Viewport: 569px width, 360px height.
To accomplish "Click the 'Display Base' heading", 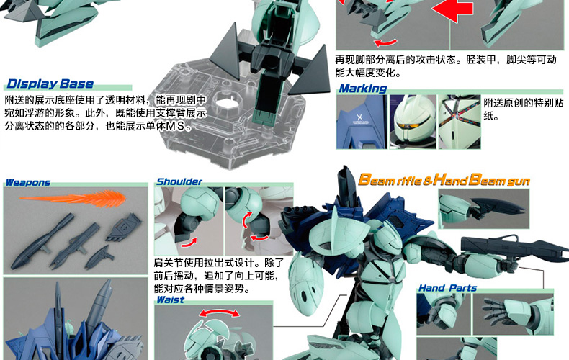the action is tap(50, 84).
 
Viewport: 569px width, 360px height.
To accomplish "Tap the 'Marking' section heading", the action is tap(363, 89).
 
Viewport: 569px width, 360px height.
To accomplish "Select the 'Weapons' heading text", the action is tap(28, 183).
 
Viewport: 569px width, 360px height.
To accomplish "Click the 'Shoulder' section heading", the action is tap(179, 182).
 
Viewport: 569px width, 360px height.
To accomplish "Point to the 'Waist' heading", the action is tap(171, 300).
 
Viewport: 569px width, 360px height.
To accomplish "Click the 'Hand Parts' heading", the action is tap(447, 288).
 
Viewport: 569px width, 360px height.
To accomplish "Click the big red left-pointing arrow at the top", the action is tap(453, 10).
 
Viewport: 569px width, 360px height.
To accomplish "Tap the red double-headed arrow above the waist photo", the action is tap(219, 312).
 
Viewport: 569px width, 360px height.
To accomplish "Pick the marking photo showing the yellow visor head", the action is tap(413, 122).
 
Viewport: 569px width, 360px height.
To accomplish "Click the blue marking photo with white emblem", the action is tap(361, 122).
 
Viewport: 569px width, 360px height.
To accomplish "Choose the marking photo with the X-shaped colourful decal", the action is tap(460, 122).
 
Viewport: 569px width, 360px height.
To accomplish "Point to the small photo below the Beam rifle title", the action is tap(483, 209).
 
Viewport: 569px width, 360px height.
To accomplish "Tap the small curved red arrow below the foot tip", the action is tap(385, 42).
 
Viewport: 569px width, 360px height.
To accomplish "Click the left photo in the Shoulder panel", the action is tap(189, 221).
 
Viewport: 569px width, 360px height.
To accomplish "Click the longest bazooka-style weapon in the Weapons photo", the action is tap(42, 241).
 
